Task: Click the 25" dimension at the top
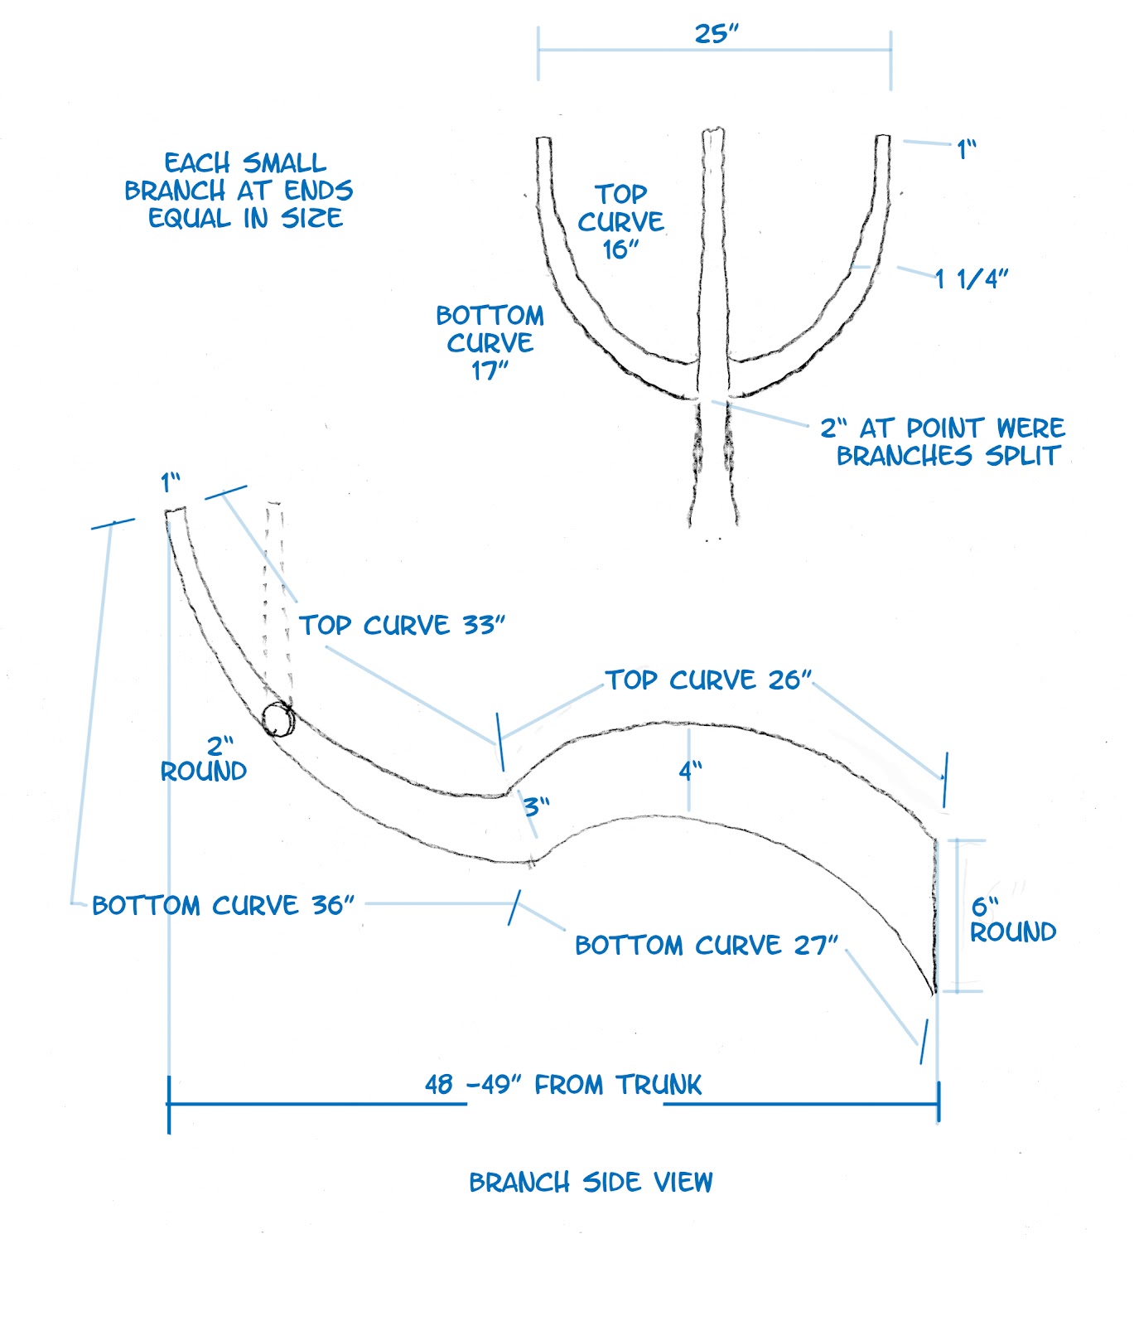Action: click(716, 34)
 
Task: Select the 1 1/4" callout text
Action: click(971, 278)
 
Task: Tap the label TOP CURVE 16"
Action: click(621, 221)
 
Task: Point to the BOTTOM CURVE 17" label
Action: click(490, 342)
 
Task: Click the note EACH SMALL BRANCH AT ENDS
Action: click(239, 191)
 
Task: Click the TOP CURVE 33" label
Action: click(402, 625)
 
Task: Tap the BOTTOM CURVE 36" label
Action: click(223, 905)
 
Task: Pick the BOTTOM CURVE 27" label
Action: click(707, 946)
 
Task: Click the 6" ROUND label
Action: click(1012, 920)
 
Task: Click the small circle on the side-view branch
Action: click(277, 719)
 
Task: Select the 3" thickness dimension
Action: click(536, 806)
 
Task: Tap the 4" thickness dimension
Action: click(690, 771)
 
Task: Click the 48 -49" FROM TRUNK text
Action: click(563, 1085)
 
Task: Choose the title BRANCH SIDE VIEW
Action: click(591, 1182)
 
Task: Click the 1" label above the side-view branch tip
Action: click(171, 482)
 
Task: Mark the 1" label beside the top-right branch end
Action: click(967, 150)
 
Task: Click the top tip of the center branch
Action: click(713, 131)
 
